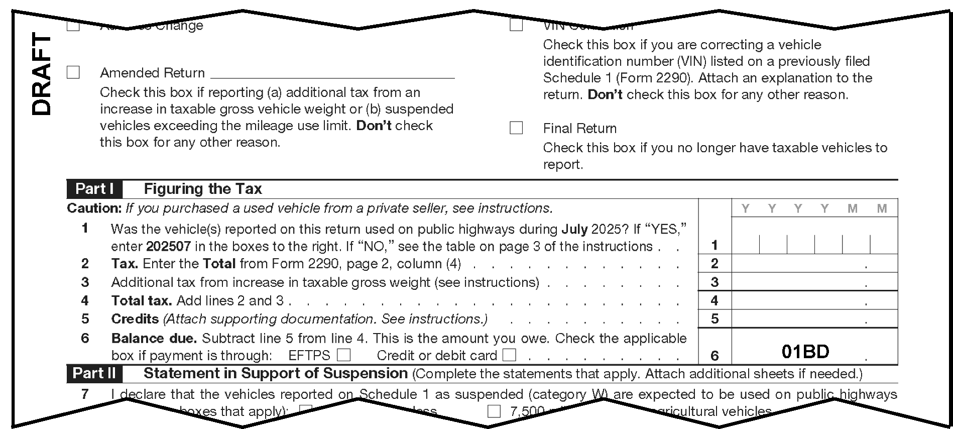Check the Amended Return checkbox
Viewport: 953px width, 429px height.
coord(73,73)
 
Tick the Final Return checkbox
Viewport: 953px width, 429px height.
coord(516,128)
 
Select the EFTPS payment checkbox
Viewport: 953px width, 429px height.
coord(343,355)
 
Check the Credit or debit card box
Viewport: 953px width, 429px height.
coord(509,355)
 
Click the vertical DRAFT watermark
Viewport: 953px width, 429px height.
coord(42,74)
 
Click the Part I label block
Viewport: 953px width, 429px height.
coord(94,189)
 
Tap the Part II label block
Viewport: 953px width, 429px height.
coord(94,373)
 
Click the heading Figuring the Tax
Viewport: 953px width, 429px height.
coord(203,189)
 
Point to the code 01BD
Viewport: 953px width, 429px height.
coord(805,352)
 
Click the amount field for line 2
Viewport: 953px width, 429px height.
coord(814,263)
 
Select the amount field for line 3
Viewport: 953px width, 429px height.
coord(814,282)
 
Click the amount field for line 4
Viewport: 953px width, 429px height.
coord(814,300)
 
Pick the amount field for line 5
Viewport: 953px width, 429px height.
coord(814,319)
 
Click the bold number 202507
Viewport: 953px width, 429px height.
coord(168,247)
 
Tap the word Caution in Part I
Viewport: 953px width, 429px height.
coord(94,208)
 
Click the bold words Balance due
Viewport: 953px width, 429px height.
coord(154,338)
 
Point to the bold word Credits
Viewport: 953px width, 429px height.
coord(135,319)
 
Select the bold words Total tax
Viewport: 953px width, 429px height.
coord(142,300)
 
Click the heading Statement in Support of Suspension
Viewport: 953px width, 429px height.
coord(275,373)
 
